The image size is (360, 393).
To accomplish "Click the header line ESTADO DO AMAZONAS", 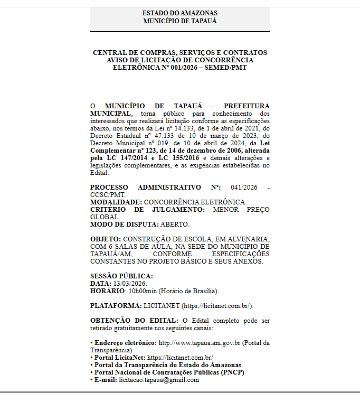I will pyautogui.click(x=179, y=13).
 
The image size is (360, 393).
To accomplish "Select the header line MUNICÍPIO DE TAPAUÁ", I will pyautogui.click(x=179, y=21).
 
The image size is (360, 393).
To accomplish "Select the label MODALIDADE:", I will pyautogui.click(x=116, y=202).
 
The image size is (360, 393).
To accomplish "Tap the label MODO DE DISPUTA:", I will pyautogui.click(x=125, y=224).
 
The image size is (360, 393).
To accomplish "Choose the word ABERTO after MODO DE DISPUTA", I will pyautogui.click(x=175, y=224).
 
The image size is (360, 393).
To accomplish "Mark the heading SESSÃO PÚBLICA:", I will pyautogui.click(x=121, y=276).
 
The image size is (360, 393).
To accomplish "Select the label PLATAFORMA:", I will pyautogui.click(x=116, y=306).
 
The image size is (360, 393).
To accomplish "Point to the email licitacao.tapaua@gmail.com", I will pyautogui.click(x=159, y=380).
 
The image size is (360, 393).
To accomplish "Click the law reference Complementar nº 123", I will pyautogui.click(x=124, y=151).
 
